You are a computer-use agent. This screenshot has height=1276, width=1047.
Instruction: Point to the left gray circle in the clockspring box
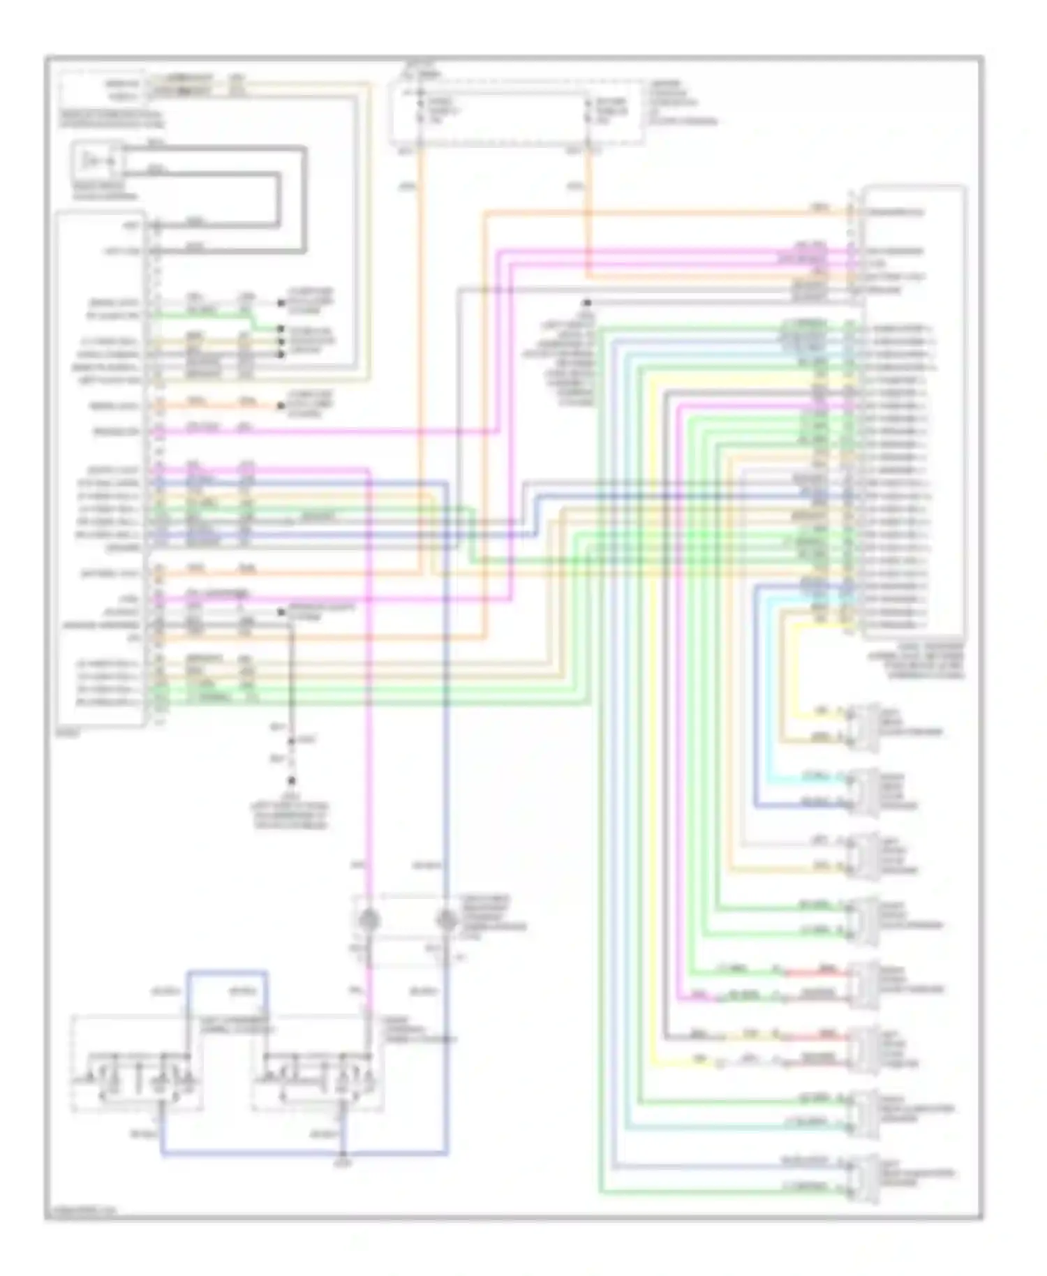pos(367,920)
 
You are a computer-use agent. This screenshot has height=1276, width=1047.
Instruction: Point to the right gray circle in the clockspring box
pos(447,920)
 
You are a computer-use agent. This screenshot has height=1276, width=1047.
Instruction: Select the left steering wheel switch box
pos(137,1063)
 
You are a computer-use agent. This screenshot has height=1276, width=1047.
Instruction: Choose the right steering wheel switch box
pos(317,1063)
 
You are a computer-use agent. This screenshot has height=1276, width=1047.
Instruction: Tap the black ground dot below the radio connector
pos(292,781)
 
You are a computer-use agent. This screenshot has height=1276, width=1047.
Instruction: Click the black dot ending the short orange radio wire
pos(281,406)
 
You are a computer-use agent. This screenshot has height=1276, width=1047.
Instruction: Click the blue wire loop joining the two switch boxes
pos(227,972)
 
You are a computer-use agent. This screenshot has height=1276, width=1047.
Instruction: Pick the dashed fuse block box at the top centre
pos(517,113)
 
